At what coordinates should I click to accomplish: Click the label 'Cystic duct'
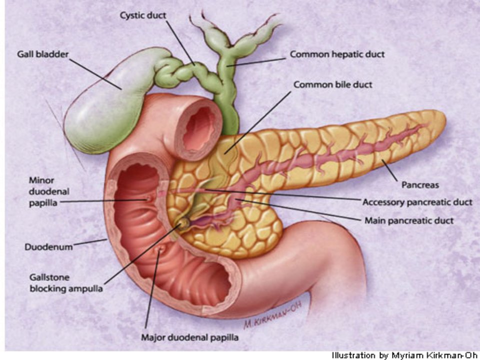click(x=143, y=15)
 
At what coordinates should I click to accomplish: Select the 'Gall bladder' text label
click(x=42, y=54)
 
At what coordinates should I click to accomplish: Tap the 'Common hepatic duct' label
click(x=337, y=54)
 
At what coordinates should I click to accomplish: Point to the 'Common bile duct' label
click(x=333, y=84)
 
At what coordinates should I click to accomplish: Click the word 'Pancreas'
click(x=420, y=185)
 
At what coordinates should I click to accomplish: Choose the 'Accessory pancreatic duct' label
click(x=417, y=202)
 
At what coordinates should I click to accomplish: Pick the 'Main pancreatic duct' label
click(x=409, y=220)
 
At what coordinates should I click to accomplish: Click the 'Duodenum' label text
click(x=48, y=246)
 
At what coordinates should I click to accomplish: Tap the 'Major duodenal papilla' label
click(x=189, y=337)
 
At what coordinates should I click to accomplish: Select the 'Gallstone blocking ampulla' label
click(x=66, y=283)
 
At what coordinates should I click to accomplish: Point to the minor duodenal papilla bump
click(x=149, y=198)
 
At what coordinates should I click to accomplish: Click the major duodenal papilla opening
click(x=159, y=249)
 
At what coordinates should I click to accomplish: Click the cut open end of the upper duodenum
click(x=199, y=128)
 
